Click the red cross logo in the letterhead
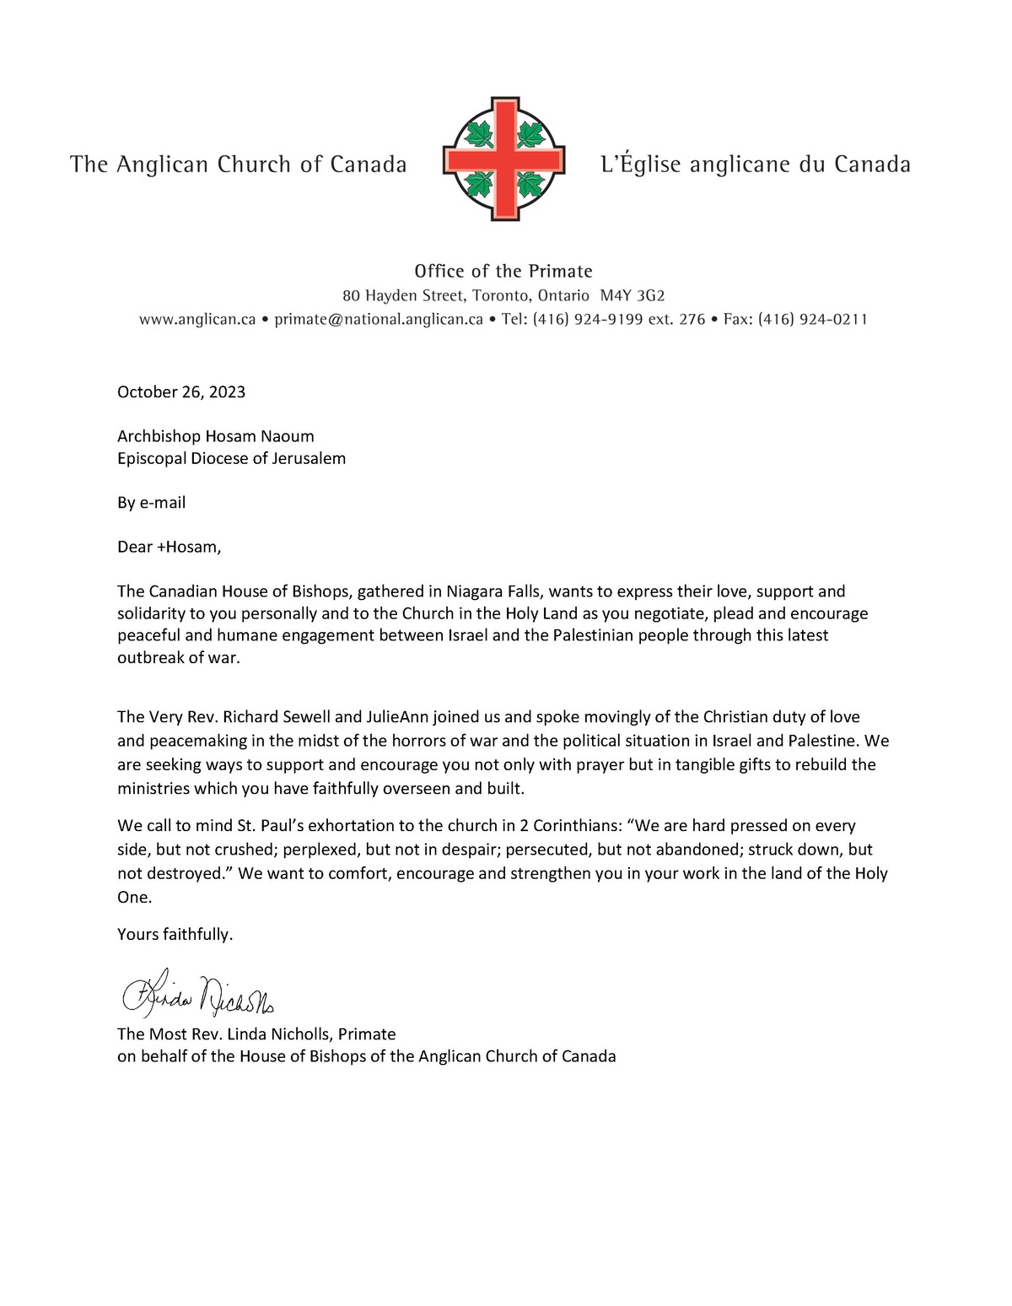tap(503, 159)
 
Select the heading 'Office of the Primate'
tap(503, 271)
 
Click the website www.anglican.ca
tap(197, 319)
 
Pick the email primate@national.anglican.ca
tap(379, 319)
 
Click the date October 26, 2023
tap(181, 391)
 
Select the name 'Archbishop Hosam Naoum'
tap(215, 436)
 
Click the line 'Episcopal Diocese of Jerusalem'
tap(231, 458)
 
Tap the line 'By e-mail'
tap(151, 503)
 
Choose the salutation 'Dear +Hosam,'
tap(169, 547)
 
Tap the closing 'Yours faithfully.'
tap(175, 934)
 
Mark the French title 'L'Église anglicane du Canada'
tap(755, 164)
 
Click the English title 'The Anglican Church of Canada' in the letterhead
tap(239, 164)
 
